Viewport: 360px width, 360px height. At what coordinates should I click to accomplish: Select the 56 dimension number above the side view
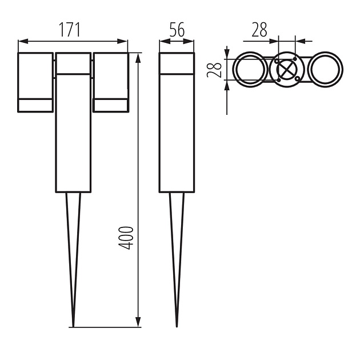pyautogui.click(x=177, y=30)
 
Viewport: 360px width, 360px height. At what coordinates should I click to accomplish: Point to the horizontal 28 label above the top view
pyautogui.click(x=259, y=30)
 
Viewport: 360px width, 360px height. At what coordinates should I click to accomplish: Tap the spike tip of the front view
pyautogui.click(x=73, y=326)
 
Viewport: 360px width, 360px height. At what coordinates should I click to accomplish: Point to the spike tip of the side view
pyautogui.click(x=177, y=326)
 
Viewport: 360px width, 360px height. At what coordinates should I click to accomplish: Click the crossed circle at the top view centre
pyautogui.click(x=286, y=70)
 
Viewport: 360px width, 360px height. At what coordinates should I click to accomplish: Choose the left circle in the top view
pyautogui.click(x=247, y=70)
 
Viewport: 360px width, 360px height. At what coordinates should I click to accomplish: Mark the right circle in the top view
pyautogui.click(x=325, y=70)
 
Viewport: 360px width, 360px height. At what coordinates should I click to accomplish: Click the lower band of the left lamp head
pyautogui.click(x=36, y=105)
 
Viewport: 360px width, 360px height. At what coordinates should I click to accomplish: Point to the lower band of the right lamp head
pyautogui.click(x=110, y=105)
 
